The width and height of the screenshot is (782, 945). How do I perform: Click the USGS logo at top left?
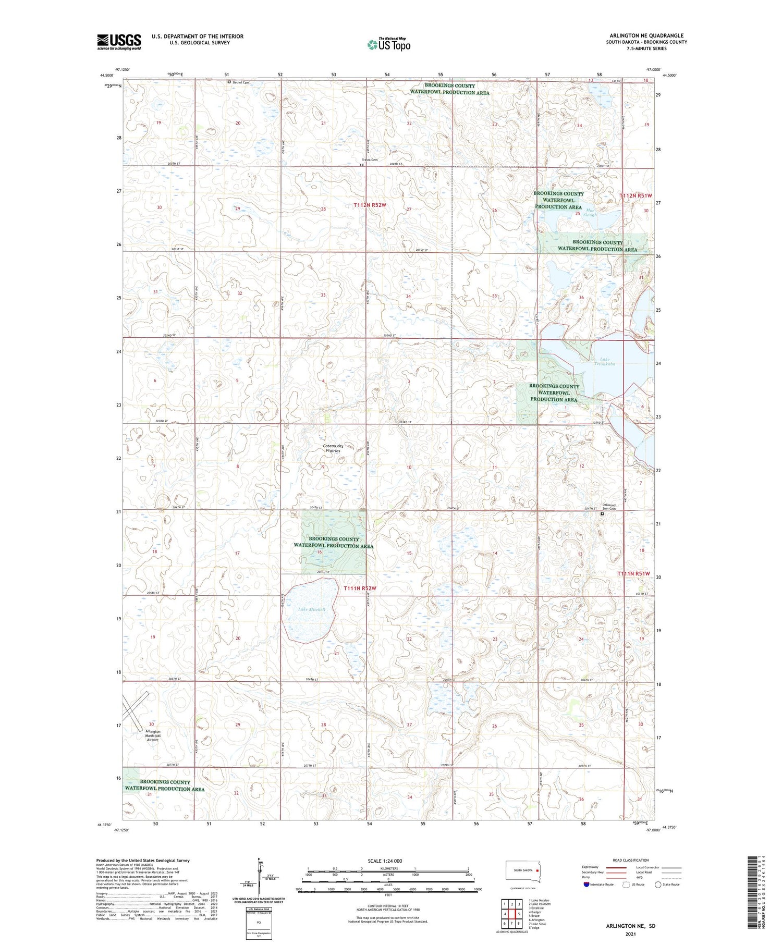119,42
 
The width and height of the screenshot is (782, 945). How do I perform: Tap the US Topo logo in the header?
388,44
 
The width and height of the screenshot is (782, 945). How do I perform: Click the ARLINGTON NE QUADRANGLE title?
646,35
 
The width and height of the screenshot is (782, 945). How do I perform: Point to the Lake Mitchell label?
311,609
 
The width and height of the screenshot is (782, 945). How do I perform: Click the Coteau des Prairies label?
333,448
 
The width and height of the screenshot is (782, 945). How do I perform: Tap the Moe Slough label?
590,212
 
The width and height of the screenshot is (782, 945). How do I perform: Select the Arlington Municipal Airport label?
152,735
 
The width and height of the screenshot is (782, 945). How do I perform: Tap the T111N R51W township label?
633,573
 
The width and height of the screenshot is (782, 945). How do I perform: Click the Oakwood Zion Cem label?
608,507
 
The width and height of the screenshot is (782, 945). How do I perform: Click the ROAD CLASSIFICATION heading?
631,860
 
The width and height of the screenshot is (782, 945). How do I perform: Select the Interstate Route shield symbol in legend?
586,885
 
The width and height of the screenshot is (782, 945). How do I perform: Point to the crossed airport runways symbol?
135,710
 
